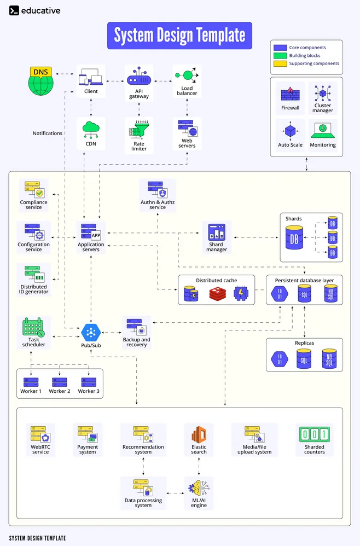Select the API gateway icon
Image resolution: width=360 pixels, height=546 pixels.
(x=138, y=78)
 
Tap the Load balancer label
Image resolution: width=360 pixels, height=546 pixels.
(x=187, y=90)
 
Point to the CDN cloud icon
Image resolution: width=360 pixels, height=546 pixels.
(x=91, y=129)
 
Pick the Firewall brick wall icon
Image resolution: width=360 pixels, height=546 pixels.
(x=290, y=94)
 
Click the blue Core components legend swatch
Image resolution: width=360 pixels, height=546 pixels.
(x=280, y=48)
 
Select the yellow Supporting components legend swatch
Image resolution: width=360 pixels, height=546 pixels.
(x=280, y=63)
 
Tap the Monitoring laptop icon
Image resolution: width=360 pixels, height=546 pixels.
(x=322, y=131)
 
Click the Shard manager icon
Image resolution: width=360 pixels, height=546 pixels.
(x=217, y=232)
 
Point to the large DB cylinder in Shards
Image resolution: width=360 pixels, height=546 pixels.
(x=294, y=238)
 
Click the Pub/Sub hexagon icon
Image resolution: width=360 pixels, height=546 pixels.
(x=91, y=332)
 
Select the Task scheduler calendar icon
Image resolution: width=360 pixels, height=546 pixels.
(x=33, y=327)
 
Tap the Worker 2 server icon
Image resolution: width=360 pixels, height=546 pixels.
(x=59, y=381)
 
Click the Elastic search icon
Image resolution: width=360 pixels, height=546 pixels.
(x=199, y=435)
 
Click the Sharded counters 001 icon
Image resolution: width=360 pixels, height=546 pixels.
(x=314, y=435)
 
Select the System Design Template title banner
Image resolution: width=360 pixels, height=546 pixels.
(x=179, y=36)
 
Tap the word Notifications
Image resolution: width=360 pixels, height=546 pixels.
(x=48, y=133)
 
